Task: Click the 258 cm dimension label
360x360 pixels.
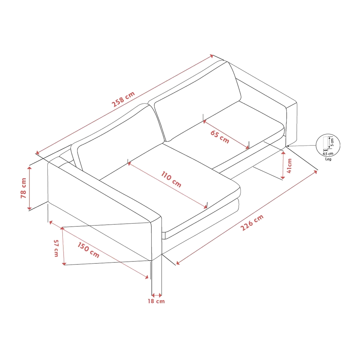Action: pos(123,99)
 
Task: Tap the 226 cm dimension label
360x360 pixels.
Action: pos(252,223)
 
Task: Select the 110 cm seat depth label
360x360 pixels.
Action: pos(171,179)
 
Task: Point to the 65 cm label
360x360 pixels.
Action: pos(220,137)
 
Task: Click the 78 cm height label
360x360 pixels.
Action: pos(23,188)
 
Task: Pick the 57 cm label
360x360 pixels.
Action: pos(56,248)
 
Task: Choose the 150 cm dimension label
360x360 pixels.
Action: pos(88,250)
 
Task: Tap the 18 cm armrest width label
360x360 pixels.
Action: pos(156,301)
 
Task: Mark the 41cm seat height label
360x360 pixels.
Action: pos(290,166)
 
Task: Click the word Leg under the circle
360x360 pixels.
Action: pos(328,159)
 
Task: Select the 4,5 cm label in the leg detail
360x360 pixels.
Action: pos(328,154)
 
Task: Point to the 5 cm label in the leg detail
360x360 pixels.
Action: pos(332,142)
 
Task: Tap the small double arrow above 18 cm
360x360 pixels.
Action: pos(157,295)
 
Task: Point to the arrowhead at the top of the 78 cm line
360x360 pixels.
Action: pos(29,168)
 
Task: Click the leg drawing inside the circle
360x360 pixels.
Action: pos(325,142)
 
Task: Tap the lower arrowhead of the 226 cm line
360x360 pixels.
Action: pos(178,263)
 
